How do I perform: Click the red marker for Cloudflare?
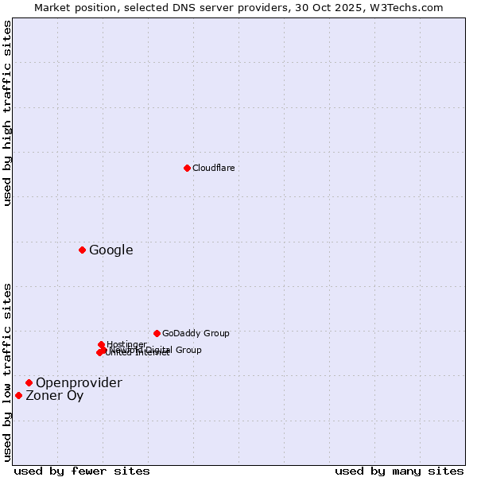pos(187,168)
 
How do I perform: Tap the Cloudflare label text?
pos(213,168)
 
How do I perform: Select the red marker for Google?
pos(82,250)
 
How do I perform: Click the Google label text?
pos(111,250)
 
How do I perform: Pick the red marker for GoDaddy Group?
pos(157,333)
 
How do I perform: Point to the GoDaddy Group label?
pos(195,334)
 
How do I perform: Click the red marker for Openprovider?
pos(29,382)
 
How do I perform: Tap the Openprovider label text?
pos(79,383)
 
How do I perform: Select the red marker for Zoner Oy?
pos(18,395)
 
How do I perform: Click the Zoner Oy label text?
pos(54,396)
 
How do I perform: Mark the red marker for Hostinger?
pos(101,344)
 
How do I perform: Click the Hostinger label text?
pos(126,344)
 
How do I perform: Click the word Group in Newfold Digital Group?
pos(188,350)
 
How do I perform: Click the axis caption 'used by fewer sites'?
pos(82,471)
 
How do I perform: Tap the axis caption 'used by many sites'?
pos(399,471)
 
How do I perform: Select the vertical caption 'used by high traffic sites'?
pos(8,114)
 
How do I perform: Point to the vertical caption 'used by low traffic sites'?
pos(8,372)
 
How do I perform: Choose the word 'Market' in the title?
pos(51,7)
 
